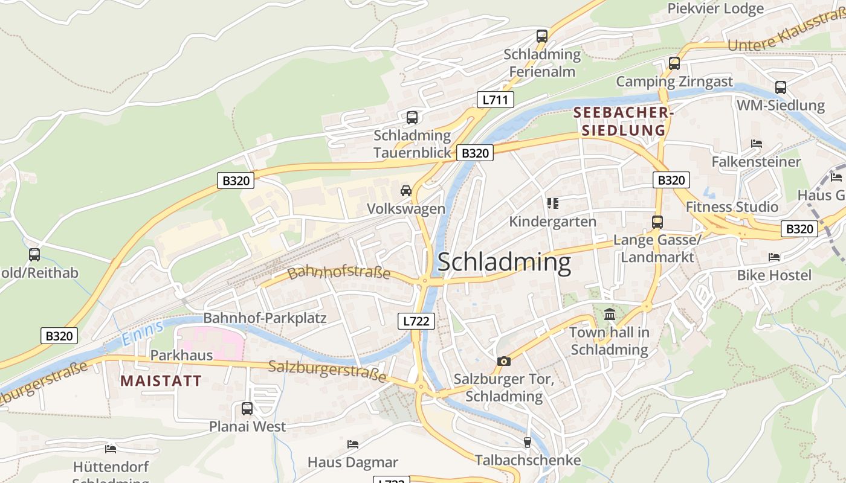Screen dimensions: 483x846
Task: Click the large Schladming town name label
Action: pos(504,263)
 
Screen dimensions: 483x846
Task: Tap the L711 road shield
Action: pos(496,100)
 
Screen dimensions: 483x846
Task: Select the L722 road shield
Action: pos(417,321)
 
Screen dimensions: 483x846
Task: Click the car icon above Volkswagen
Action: pos(406,191)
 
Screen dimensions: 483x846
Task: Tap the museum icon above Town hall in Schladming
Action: pos(610,315)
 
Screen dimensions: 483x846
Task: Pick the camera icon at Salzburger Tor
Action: pos(503,361)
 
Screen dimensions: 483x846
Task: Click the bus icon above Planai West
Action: pos(247,408)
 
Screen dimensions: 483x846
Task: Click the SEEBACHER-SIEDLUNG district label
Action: pos(623,121)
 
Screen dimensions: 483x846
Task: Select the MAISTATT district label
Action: pos(161,380)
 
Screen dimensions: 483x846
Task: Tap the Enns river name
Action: pos(143,333)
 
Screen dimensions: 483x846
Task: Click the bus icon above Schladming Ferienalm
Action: pos(542,36)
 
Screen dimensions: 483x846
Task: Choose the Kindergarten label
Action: pos(552,222)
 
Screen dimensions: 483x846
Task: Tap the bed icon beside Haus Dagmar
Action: pos(353,444)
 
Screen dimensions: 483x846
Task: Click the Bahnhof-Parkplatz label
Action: pos(265,318)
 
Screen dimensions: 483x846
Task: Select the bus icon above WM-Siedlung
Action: pos(781,87)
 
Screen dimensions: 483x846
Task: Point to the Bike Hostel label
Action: pos(774,275)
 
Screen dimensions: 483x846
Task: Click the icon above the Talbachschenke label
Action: pos(527,443)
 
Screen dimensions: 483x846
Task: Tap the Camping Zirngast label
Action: pos(674,82)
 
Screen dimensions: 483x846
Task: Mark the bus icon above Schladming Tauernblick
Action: pos(412,117)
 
